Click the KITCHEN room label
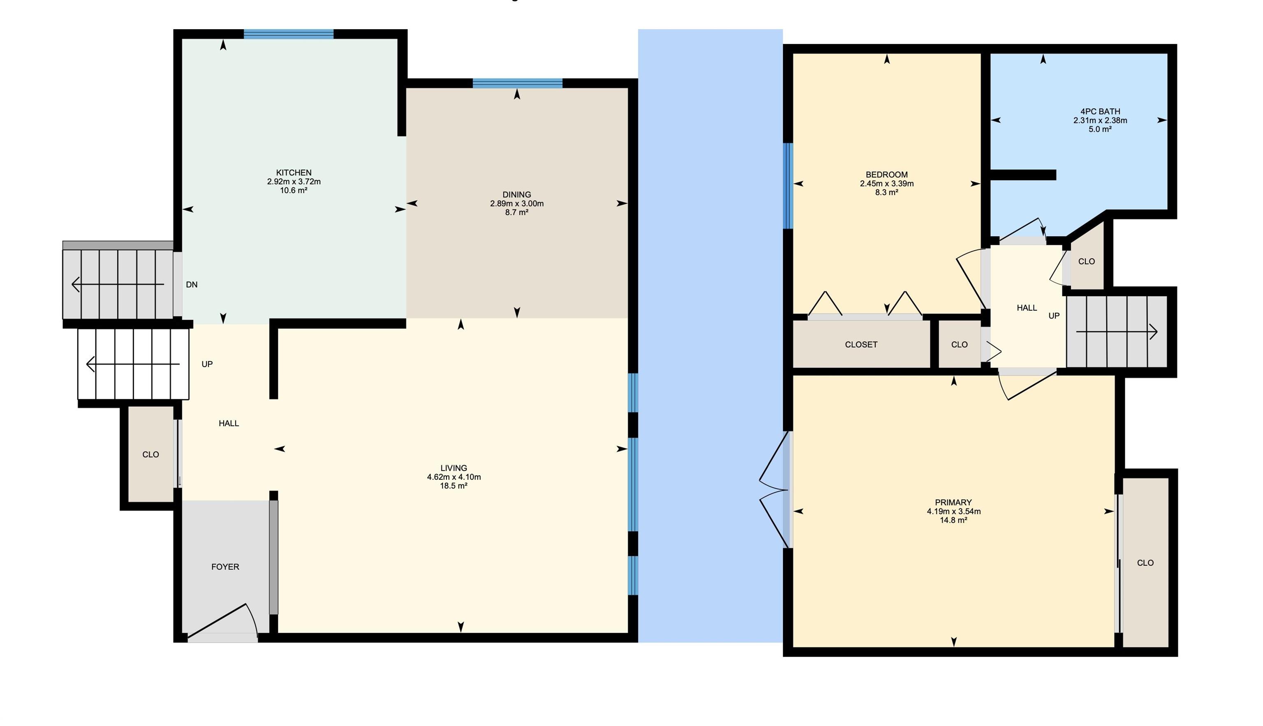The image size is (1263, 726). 294,173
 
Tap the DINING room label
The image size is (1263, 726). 517,194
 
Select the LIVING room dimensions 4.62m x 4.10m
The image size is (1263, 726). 454,477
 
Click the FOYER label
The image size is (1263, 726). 225,567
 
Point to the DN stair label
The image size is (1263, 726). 192,285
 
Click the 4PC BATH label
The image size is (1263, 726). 1100,112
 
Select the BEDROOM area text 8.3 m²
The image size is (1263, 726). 887,192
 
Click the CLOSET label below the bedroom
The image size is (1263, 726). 861,345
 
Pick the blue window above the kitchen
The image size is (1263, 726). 288,34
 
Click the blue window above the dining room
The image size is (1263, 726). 518,83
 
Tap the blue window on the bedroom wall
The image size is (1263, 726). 788,186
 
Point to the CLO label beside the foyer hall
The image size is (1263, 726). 150,455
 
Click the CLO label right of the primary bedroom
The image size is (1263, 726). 1145,563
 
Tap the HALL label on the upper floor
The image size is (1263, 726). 1027,308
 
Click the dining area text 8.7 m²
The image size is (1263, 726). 517,212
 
